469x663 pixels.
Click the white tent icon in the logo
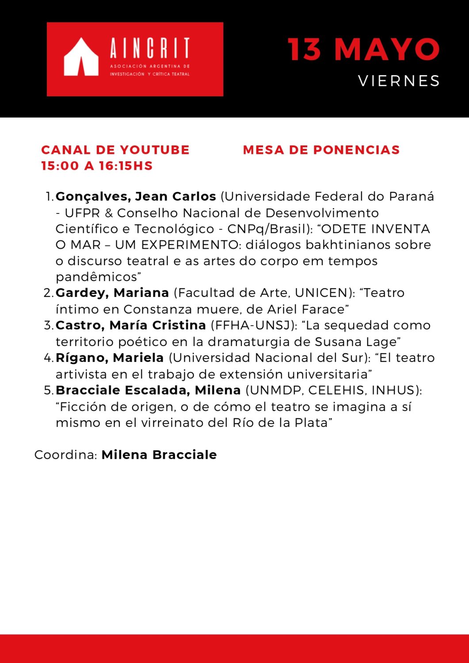point(81,57)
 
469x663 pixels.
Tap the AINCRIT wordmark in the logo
point(150,48)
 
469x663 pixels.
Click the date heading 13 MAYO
point(363,49)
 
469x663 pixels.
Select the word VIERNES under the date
point(399,81)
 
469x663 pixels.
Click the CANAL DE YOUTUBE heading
point(115,150)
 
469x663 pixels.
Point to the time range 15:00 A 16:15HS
point(97,166)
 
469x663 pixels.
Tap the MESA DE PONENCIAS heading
point(321,150)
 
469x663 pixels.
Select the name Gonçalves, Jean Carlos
point(136,196)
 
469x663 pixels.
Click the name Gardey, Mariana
point(112,293)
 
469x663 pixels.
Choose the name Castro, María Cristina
point(130,325)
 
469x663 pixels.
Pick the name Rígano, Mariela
point(110,358)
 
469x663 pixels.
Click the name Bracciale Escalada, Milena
point(148,390)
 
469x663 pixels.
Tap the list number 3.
point(48,325)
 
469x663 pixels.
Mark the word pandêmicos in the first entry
point(96,277)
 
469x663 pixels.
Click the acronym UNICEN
point(321,293)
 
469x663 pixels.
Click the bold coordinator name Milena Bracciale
point(159,455)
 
